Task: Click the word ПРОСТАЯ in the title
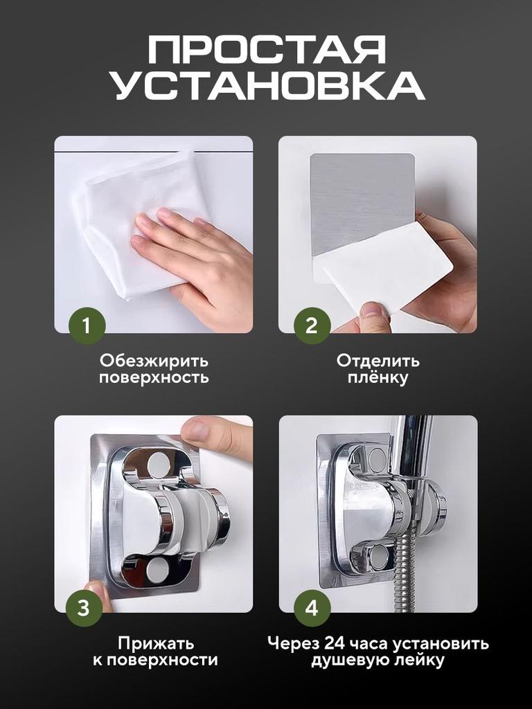click(x=267, y=52)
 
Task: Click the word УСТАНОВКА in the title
click(x=267, y=88)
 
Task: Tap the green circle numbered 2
click(x=312, y=325)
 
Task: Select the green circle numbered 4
click(x=312, y=608)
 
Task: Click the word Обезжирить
click(x=153, y=361)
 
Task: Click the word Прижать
click(x=155, y=643)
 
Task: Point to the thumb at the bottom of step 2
click(x=374, y=316)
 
